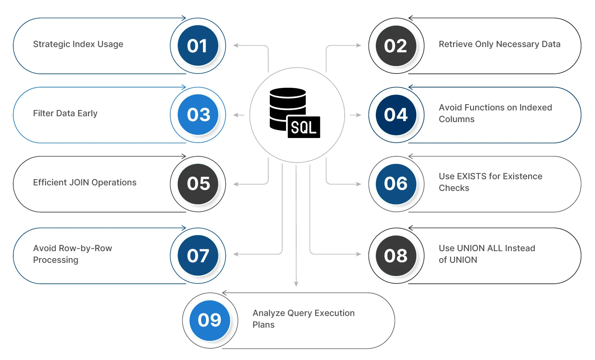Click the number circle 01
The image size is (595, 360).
pos(198,46)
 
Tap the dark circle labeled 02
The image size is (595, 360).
pos(396,46)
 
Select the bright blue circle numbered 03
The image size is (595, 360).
pos(198,115)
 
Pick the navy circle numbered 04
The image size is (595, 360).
pos(396,115)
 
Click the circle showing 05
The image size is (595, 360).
pos(198,184)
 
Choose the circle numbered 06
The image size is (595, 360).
pos(396,184)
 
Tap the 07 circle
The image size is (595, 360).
pos(198,255)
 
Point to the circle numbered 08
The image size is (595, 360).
pos(396,255)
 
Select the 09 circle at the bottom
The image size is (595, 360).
pos(210,320)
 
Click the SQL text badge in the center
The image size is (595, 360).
pos(304,127)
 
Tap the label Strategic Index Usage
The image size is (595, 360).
pos(78,44)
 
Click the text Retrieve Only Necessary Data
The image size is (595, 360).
pos(499,44)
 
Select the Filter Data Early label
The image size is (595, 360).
pos(65,114)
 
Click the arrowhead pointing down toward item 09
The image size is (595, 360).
pos(296,284)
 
